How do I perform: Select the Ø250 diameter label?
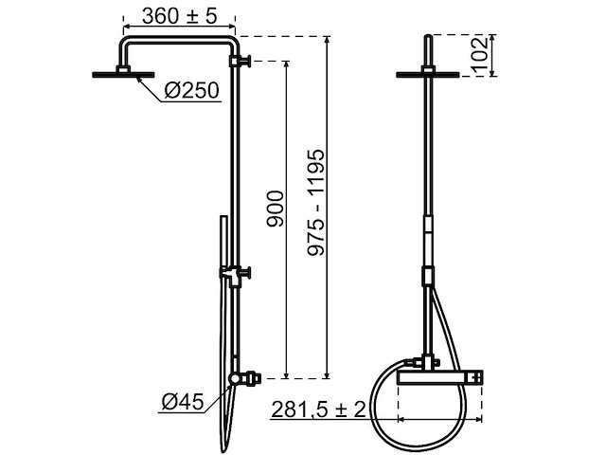(x=191, y=91)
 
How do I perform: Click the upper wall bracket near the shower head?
(x=243, y=64)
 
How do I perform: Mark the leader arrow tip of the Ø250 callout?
(x=138, y=79)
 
